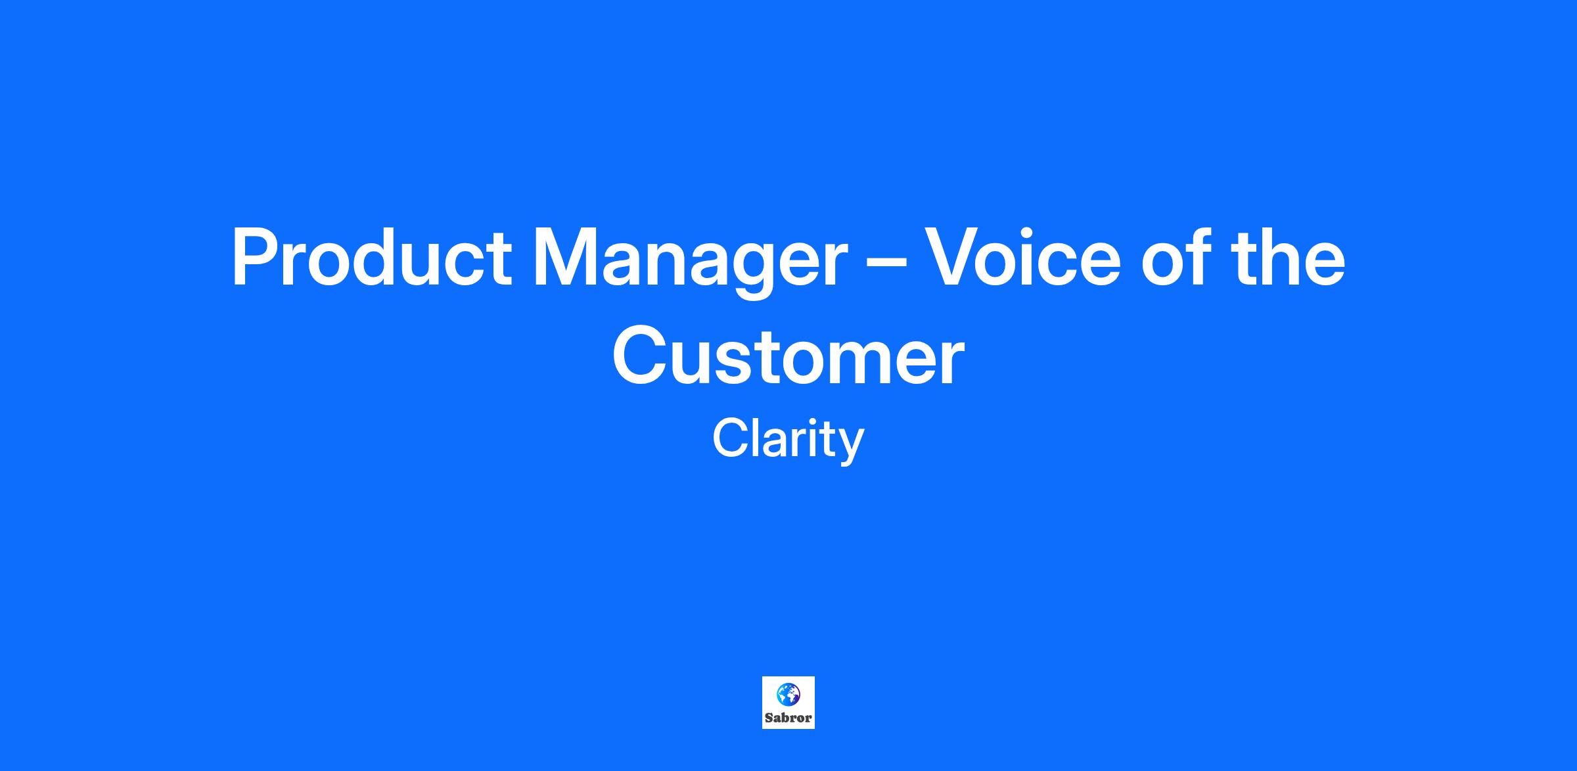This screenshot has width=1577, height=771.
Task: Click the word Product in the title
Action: [x=371, y=257]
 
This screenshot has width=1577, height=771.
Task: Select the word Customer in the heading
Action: [x=788, y=355]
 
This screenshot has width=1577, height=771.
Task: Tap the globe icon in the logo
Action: [x=788, y=693]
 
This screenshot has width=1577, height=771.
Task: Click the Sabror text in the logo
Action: [x=788, y=718]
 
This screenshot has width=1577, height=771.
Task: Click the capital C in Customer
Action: [x=641, y=355]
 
